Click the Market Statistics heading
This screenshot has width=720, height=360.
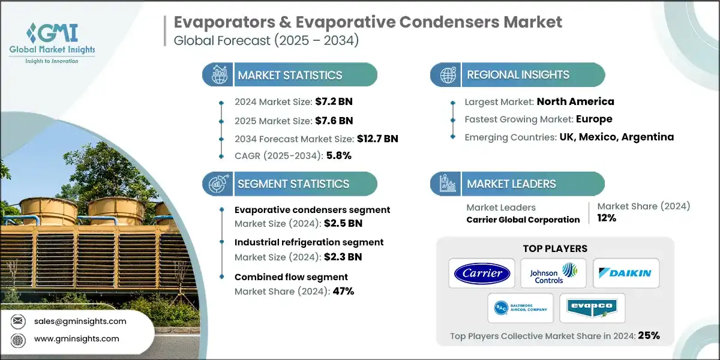(x=290, y=75)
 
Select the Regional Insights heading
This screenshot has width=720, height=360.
(x=518, y=75)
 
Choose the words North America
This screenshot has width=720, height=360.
(x=575, y=101)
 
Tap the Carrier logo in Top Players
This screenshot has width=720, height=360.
(x=482, y=274)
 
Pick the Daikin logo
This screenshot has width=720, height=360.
(x=626, y=274)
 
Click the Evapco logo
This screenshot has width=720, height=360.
(x=592, y=308)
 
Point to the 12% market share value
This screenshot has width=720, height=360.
(x=607, y=218)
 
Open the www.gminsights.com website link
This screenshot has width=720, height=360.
(x=76, y=338)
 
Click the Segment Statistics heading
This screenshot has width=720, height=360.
(x=293, y=184)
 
